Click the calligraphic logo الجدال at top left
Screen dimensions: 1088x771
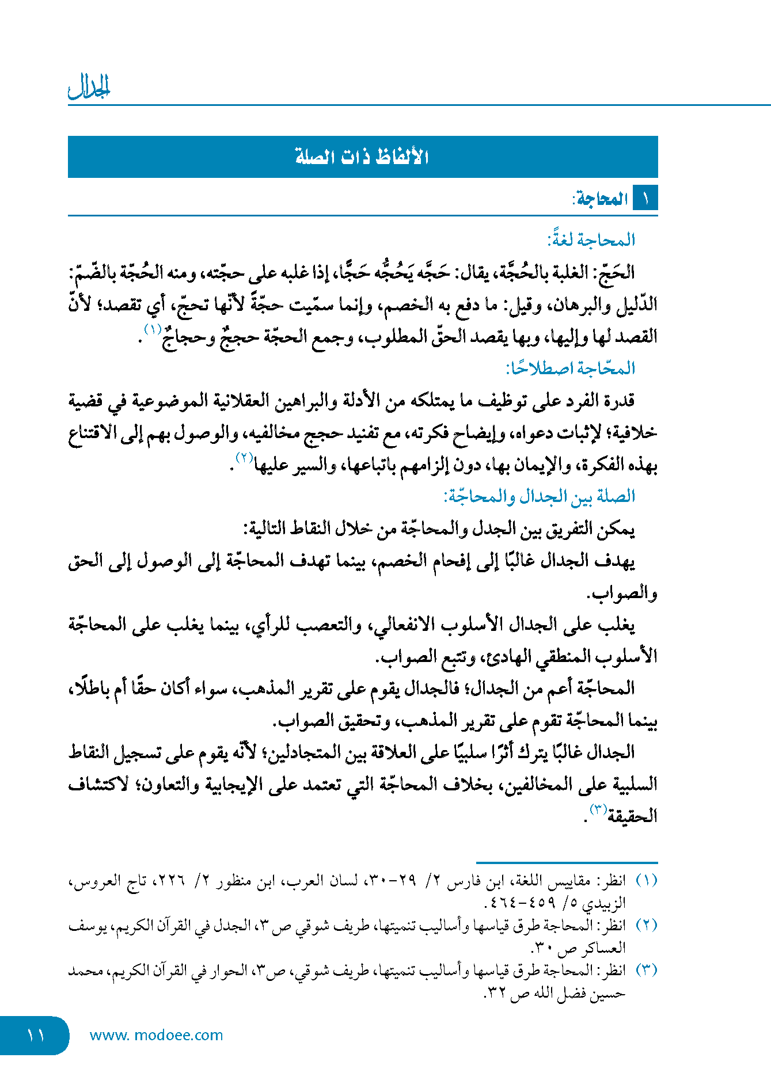tap(89, 87)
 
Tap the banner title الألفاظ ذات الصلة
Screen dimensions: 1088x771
tap(362, 157)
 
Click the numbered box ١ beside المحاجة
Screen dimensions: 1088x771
tap(645, 199)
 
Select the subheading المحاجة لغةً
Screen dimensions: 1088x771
tap(591, 239)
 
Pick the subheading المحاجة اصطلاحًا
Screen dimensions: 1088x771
tap(570, 368)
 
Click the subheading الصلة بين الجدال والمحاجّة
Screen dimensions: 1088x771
tap(539, 496)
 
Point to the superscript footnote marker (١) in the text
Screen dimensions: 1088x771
tap(153, 330)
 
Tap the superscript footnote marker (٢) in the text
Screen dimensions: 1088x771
tap(245, 458)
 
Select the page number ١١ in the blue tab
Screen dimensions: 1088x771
tap(35, 1035)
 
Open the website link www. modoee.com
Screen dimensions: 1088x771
tap(156, 1035)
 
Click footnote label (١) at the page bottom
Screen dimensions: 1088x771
tap(646, 881)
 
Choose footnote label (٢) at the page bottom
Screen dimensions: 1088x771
tap(646, 926)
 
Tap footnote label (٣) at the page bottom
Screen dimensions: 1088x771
tap(646, 971)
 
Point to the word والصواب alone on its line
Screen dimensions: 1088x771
tap(622, 593)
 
